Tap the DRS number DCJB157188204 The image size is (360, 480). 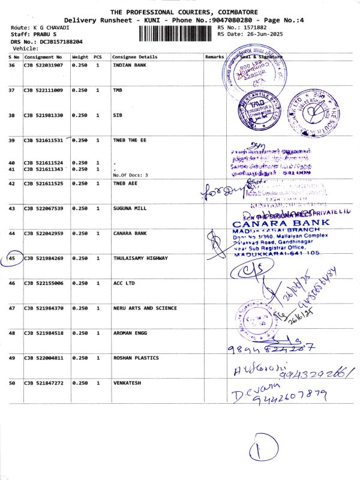click(59, 42)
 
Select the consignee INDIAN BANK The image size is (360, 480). click(130, 65)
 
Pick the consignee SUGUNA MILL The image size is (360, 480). click(130, 208)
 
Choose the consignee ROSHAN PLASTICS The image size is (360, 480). click(136, 358)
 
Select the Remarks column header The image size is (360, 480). click(214, 56)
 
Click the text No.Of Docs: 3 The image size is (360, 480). click(130, 175)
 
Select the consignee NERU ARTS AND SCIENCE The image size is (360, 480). click(145, 308)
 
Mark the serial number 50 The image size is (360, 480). click(12, 382)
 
